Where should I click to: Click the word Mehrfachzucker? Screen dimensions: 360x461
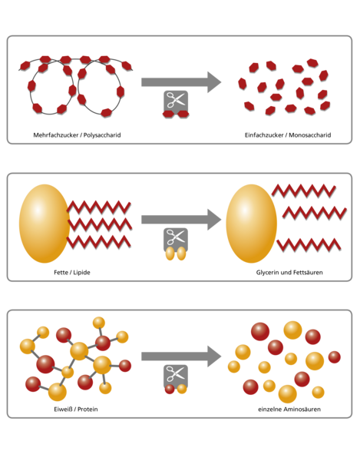pos(56,135)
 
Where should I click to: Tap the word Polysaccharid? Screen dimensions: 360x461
pos(102,135)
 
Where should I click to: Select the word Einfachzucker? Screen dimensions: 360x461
pos(264,135)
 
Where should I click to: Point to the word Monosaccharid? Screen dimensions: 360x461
pos(310,135)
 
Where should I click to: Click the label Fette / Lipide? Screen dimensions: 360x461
pos(72,273)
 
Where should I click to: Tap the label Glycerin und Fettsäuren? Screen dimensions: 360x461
pos(289,273)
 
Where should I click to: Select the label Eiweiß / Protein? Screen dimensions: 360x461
pos(76,410)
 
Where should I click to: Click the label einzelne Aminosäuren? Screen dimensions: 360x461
pos(289,410)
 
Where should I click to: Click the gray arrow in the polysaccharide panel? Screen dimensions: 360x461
pos(181,82)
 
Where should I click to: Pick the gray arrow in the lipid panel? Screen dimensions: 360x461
pos(181,219)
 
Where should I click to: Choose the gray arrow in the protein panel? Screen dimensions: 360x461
pos(181,357)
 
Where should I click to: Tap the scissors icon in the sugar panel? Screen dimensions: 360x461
pos(176,101)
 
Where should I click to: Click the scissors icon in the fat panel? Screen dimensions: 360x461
pos(176,238)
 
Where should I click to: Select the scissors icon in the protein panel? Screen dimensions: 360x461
pos(176,376)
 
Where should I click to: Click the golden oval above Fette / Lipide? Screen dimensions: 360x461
pos(44,224)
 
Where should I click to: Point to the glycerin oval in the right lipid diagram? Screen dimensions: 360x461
pos(251,224)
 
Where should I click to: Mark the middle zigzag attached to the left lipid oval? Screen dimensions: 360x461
pos(100,225)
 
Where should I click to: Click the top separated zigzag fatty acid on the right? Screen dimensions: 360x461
pos(304,191)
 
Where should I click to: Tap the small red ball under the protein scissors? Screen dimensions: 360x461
pos(170,389)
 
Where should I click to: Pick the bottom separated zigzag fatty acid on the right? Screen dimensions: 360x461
pos(309,245)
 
